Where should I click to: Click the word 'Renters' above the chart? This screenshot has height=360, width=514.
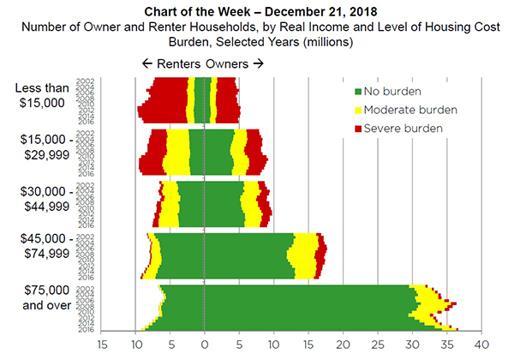[177, 63]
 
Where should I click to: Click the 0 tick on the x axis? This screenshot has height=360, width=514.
[204, 345]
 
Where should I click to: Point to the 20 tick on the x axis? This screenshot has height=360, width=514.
[343, 345]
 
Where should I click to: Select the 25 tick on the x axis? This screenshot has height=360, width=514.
[378, 345]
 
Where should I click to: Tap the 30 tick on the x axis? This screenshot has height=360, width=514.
[412, 345]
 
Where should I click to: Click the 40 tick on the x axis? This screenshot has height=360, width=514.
[481, 345]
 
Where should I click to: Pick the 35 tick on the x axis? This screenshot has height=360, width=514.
[447, 345]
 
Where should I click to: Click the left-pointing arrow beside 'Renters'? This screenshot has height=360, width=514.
[147, 63]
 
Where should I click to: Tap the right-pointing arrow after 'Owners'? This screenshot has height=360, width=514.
[259, 63]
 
